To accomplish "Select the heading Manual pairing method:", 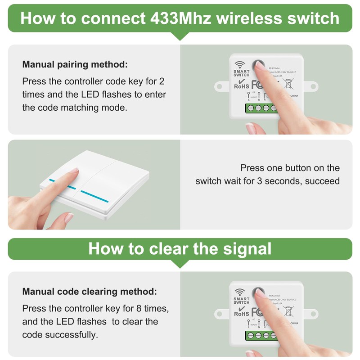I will click(x=75, y=64).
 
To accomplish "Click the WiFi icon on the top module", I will click(x=239, y=63).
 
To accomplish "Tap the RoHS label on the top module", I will click(x=241, y=86).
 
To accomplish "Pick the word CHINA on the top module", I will click(x=294, y=96).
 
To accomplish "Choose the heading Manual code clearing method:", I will click(x=90, y=292).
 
